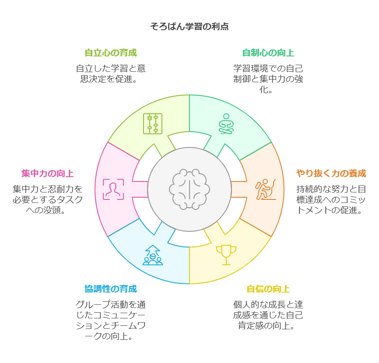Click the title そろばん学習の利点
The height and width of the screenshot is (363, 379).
(189, 27)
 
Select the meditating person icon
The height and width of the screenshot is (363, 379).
(226, 124)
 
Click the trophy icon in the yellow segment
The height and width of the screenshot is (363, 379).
(226, 255)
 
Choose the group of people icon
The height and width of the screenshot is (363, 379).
(152, 255)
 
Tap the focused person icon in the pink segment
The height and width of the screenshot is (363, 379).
(113, 189)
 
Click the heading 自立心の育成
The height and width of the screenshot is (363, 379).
(111, 53)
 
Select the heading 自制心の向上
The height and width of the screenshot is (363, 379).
(268, 53)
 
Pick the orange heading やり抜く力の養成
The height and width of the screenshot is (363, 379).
(331, 173)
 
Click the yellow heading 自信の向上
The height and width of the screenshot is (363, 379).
(268, 289)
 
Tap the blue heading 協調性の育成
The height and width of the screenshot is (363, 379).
(111, 289)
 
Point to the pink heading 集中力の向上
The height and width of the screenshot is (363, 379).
(48, 173)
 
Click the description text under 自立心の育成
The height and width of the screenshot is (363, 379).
(111, 74)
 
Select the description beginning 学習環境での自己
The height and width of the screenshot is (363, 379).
(268, 79)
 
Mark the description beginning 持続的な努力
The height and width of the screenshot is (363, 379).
(331, 200)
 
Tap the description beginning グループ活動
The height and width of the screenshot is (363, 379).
(111, 321)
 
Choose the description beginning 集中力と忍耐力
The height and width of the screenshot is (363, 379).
(48, 200)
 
